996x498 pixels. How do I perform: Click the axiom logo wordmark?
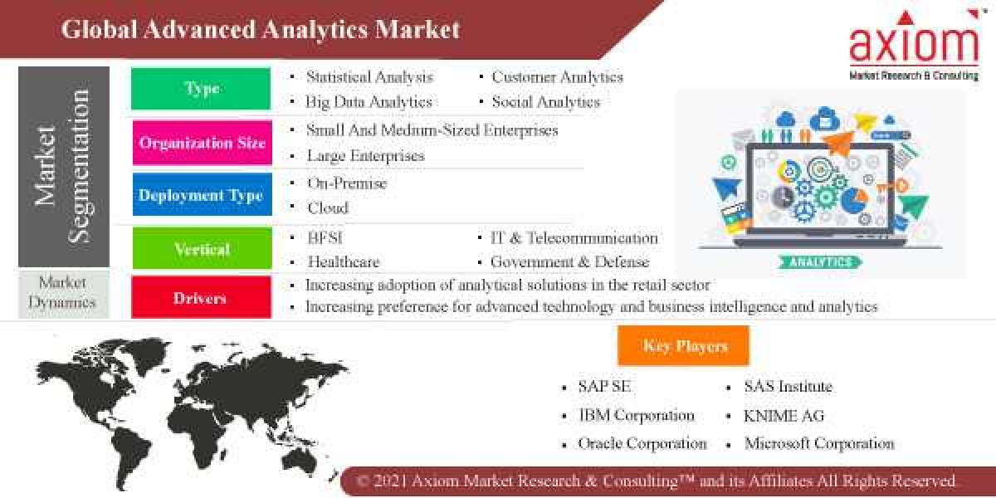coord(912,45)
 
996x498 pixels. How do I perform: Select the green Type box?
coord(201,88)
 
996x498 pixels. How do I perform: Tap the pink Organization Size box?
coord(202,142)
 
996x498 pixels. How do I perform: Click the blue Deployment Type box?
coord(201,195)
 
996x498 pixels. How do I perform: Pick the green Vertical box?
coord(202,248)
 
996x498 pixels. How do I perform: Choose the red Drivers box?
coord(201,297)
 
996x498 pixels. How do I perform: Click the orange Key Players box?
coord(684,346)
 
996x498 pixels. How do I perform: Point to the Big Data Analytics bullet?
coord(369,102)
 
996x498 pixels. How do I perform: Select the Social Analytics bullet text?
coord(545,102)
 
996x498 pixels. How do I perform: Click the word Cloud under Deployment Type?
coord(327,207)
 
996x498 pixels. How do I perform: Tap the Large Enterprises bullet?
coord(365,155)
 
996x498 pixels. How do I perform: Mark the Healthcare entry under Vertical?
coord(343,261)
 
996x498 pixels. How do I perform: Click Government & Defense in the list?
coord(569,261)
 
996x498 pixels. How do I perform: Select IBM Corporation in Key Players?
coord(636,415)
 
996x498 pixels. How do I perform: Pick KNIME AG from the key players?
coord(784,415)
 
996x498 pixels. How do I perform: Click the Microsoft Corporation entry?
coord(818,443)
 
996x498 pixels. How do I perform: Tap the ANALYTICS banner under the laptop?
coord(819,261)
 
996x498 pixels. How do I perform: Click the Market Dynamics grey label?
coord(61,292)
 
